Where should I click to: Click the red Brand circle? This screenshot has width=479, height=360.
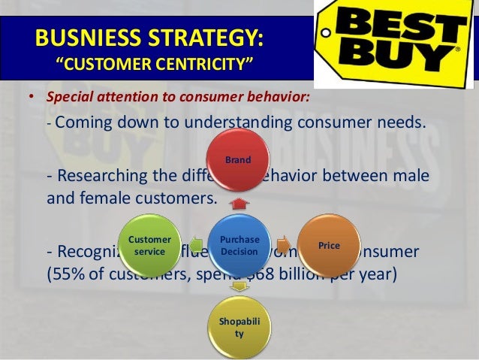coord(239,160)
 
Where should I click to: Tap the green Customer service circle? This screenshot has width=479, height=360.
coord(149,246)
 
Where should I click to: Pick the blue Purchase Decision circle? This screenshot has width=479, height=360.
coord(239,246)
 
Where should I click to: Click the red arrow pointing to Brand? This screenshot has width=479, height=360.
coord(239,203)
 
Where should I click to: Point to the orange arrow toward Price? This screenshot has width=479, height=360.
coord(282,244)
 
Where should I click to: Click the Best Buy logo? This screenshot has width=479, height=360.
coord(395,44)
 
